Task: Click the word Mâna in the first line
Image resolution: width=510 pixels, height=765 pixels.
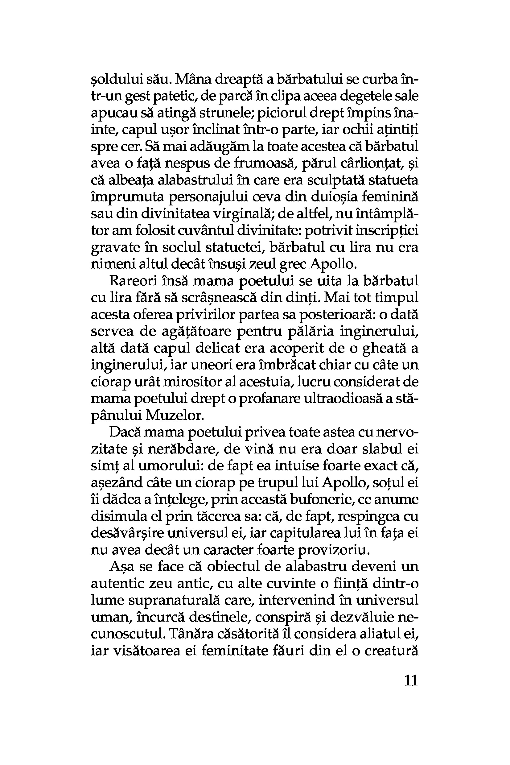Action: coord(191,79)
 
